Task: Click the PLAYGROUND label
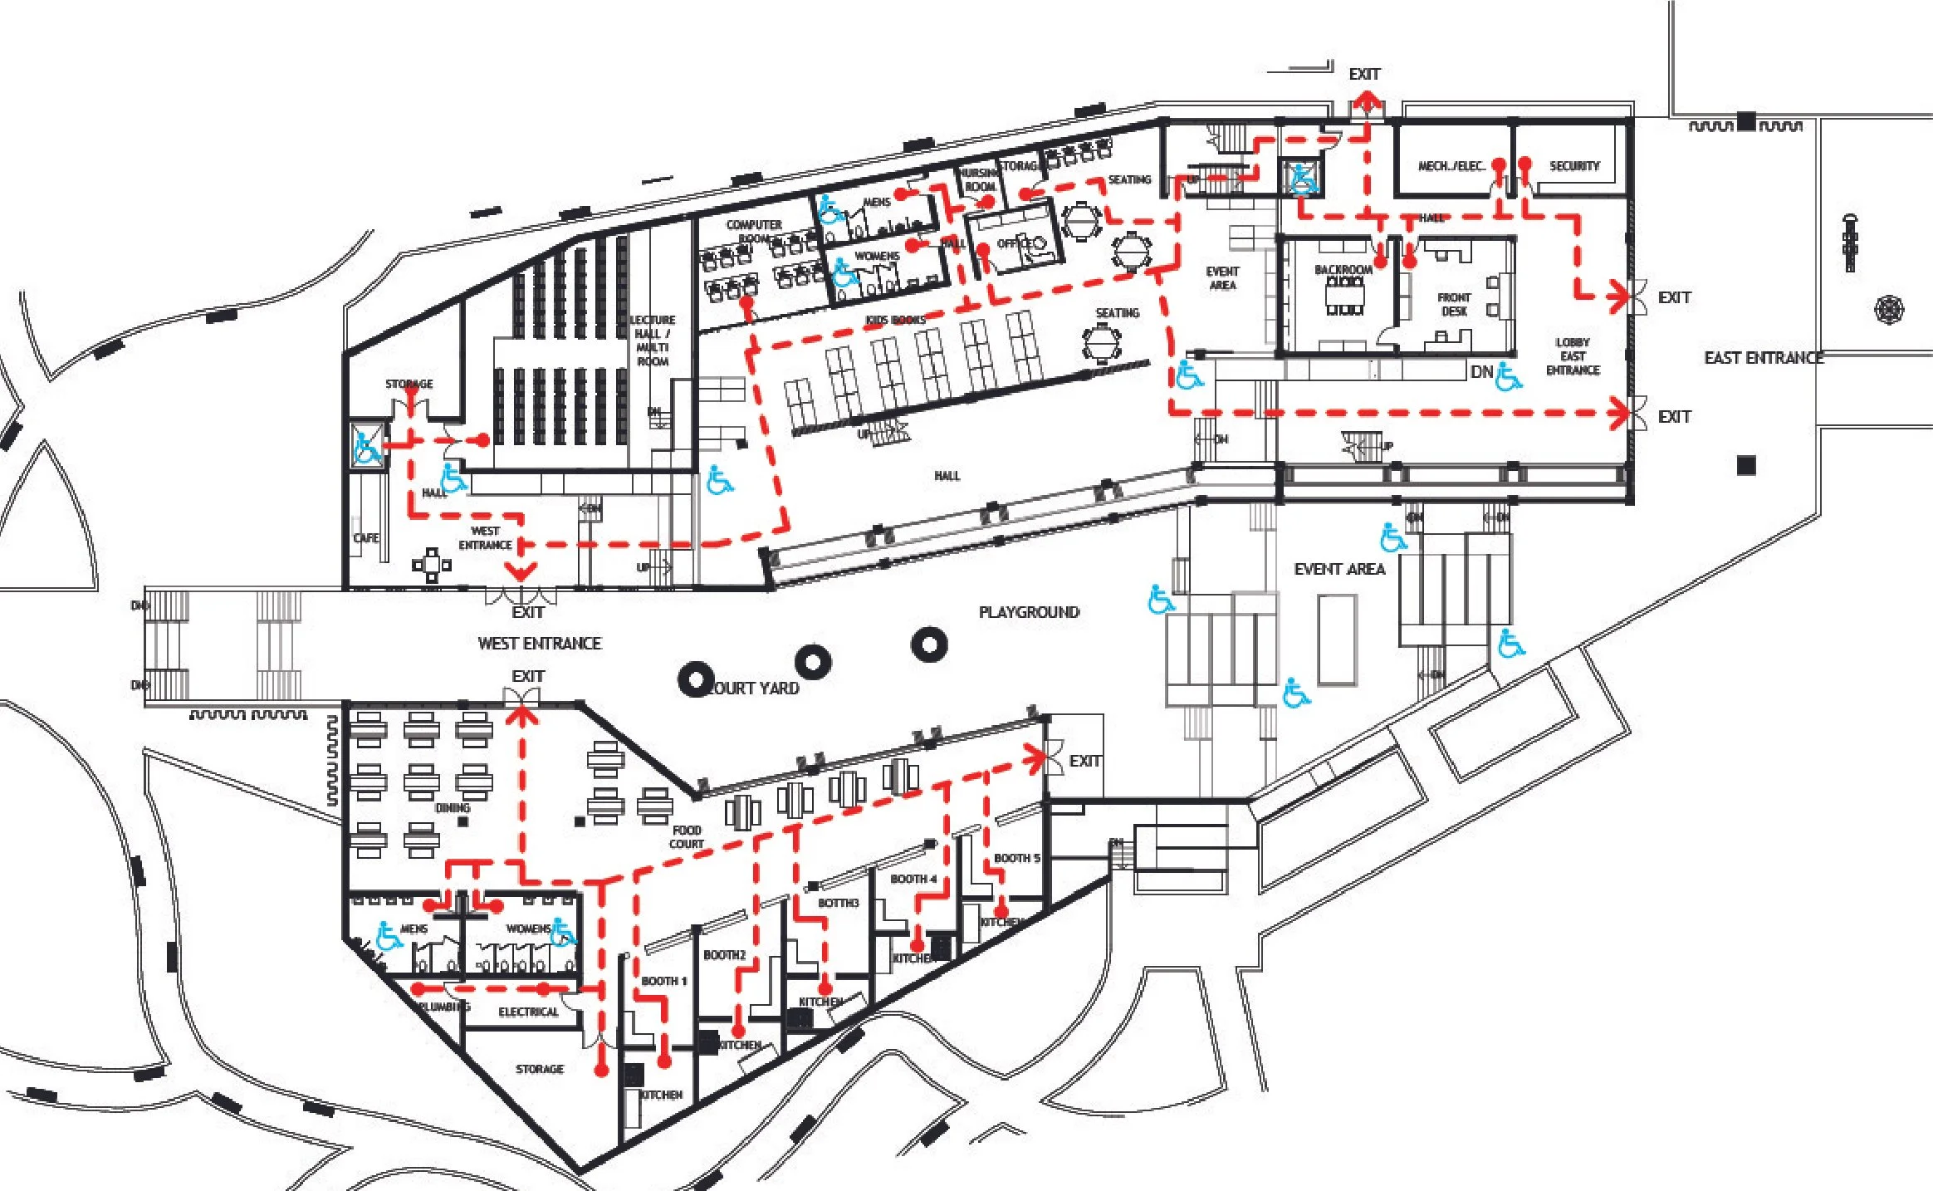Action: [x=1029, y=612]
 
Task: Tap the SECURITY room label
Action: [x=1573, y=166]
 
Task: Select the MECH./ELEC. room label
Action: [x=1451, y=166]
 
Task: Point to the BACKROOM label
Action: [x=1343, y=270]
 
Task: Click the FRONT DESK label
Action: [x=1454, y=304]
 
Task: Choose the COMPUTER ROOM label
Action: [x=754, y=231]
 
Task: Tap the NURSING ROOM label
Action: [x=979, y=180]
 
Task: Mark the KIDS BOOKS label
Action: [x=895, y=320]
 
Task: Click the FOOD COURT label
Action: [x=687, y=837]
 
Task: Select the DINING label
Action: [x=453, y=807]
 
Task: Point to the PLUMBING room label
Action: [x=444, y=1007]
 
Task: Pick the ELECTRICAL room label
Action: [x=528, y=1012]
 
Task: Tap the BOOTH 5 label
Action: [x=1017, y=858]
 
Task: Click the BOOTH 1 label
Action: [x=663, y=981]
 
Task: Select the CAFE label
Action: [x=366, y=537]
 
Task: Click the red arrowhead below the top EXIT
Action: [x=1365, y=105]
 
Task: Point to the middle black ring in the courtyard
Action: [x=813, y=662]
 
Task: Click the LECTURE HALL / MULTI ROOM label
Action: [x=653, y=341]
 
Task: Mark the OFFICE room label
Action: [x=1014, y=243]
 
